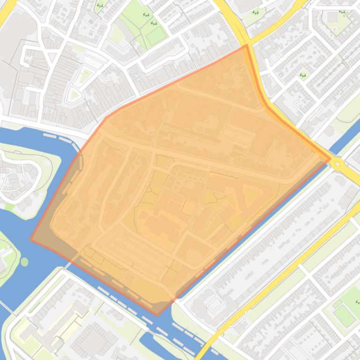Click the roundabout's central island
pyautogui.click(x=339, y=164)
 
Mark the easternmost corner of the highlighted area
pyautogui.click(x=330, y=159)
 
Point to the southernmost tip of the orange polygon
pyautogui.click(x=157, y=315)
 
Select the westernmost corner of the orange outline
pyautogui.click(x=31, y=239)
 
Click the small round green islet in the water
pyautogui.click(x=24, y=262)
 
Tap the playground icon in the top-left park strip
pyautogui.click(x=100, y=6)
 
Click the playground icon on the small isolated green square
pyautogui.click(x=303, y=74)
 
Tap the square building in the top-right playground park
pyautogui.click(x=332, y=17)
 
